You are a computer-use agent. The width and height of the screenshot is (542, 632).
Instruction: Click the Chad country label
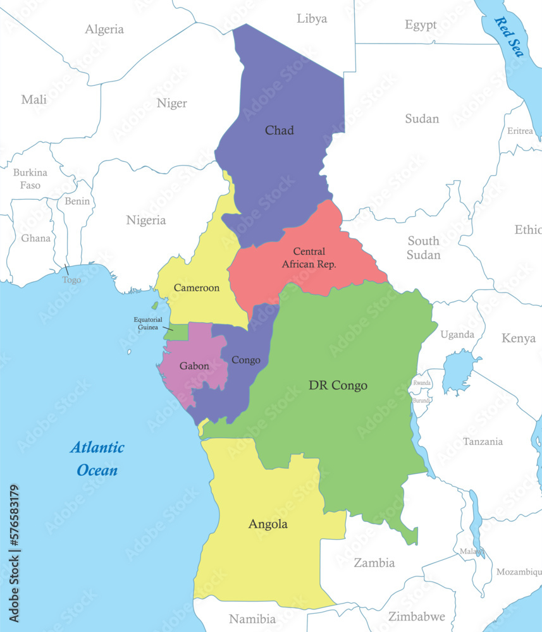coord(279,130)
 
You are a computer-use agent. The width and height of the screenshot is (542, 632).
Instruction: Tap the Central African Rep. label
coord(309,258)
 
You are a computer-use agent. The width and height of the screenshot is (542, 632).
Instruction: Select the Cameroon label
coord(197,288)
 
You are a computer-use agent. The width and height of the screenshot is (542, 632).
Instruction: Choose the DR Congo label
coord(338,385)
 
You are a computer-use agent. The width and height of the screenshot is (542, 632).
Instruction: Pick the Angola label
coord(268,524)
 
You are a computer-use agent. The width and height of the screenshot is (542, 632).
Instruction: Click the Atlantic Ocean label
coord(97,459)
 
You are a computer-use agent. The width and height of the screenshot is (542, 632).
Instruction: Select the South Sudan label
coord(424,248)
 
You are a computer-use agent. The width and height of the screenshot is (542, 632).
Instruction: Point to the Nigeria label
coord(145,220)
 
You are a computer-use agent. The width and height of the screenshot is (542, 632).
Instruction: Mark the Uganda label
coord(457,334)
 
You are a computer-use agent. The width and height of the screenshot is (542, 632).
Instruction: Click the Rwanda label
coord(422,383)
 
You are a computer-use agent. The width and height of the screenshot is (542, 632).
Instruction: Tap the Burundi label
coord(422,400)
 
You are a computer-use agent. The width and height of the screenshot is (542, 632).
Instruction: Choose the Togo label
coord(71,279)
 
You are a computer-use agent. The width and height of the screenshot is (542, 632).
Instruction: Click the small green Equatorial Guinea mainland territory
coord(178,332)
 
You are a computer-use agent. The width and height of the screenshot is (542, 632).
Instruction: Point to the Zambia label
coord(374,562)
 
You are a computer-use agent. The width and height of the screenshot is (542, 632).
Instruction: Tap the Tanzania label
coord(483,441)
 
